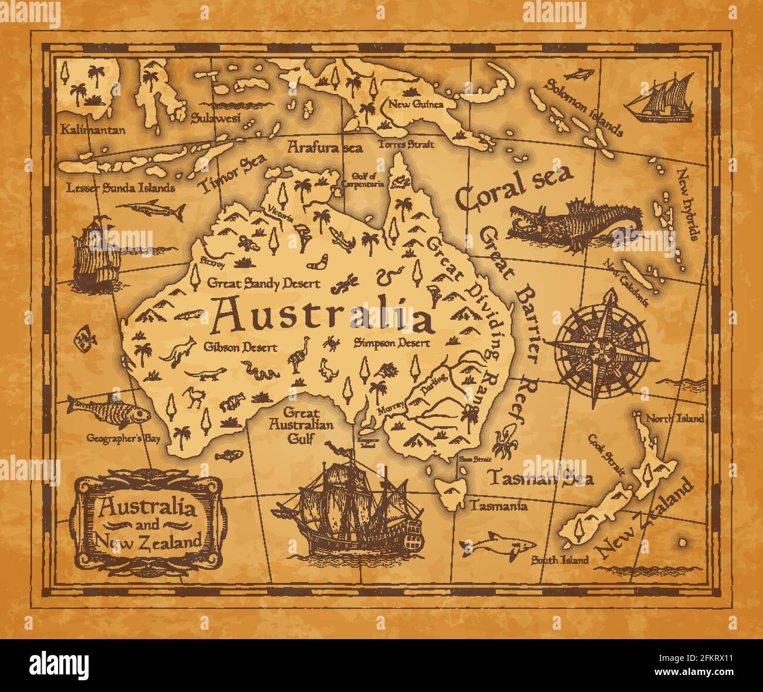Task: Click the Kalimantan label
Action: tap(93, 129)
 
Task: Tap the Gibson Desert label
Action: tap(240, 347)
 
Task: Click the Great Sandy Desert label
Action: tap(264, 283)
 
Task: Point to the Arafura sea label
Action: tap(325, 147)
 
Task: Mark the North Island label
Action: tap(674, 418)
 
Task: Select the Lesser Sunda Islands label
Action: tap(120, 188)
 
